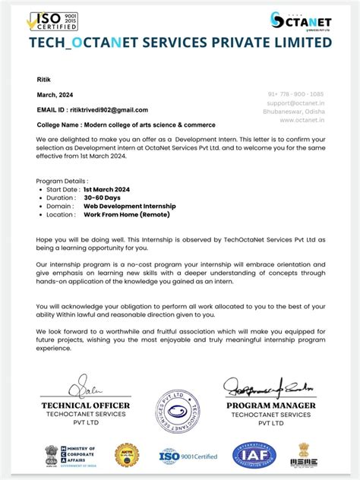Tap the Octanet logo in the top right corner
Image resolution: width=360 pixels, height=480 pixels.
tap(301, 21)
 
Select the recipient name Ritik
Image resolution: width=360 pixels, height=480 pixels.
tap(43, 79)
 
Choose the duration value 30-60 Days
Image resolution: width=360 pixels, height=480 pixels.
tap(103, 197)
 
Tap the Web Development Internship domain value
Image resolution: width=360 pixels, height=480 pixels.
tap(129, 206)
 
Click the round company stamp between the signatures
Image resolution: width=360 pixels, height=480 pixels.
tap(178, 415)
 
